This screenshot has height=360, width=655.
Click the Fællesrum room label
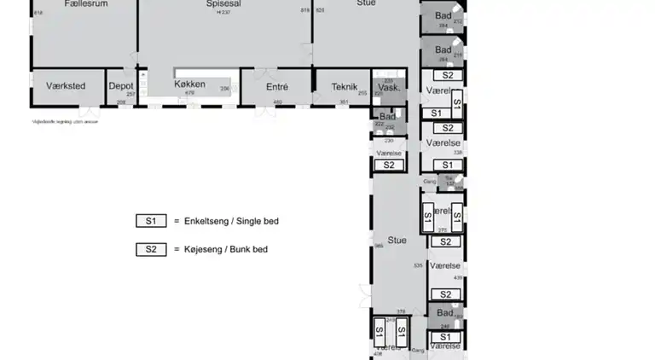pyautogui.click(x=85, y=3)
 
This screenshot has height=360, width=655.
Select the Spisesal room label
pyautogui.click(x=224, y=3)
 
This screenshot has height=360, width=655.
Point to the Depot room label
pyautogui.click(x=120, y=85)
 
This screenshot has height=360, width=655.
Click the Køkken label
pyautogui.click(x=189, y=84)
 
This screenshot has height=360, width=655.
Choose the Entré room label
pyautogui.click(x=277, y=86)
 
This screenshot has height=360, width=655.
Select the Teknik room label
pyautogui.click(x=345, y=86)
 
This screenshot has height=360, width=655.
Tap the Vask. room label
pyautogui.click(x=390, y=88)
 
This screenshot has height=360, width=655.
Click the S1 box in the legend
pyautogui.click(x=151, y=221)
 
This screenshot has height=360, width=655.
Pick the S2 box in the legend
pyautogui.click(x=151, y=250)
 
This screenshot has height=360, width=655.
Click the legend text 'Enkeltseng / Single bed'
pyautogui.click(x=231, y=221)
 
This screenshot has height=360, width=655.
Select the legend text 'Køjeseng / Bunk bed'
pyautogui.click(x=225, y=250)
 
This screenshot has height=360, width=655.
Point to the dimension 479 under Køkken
pyautogui.click(x=190, y=92)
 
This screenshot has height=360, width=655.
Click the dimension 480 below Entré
pyautogui.click(x=277, y=102)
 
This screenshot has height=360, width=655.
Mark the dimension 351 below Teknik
pyautogui.click(x=344, y=102)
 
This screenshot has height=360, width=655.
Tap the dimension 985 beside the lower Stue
pyautogui.click(x=378, y=247)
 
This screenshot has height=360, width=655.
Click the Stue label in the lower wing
pyautogui.click(x=397, y=240)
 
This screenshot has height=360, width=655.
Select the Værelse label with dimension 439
pyautogui.click(x=445, y=266)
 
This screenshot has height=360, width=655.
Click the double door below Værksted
pyautogui.click(x=89, y=112)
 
